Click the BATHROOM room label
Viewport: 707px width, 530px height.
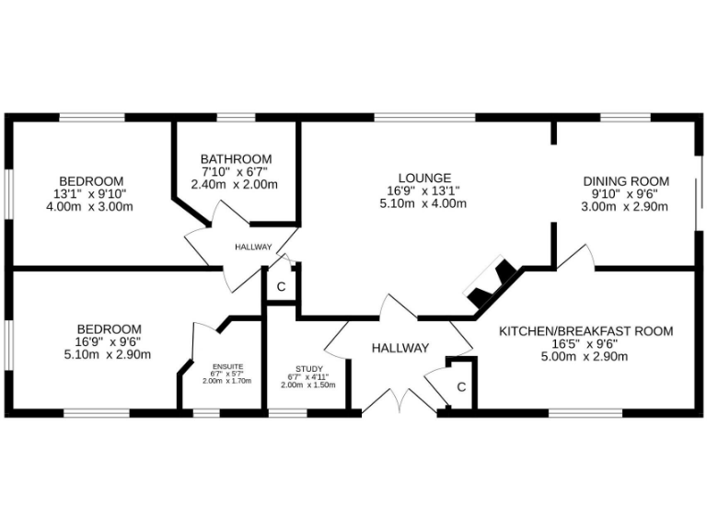point(236,158)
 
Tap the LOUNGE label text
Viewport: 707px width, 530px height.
point(423,178)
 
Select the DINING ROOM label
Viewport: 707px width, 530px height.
point(625,181)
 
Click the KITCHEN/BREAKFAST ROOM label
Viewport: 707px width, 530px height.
point(585,331)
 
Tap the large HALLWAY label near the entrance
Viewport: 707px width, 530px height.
point(400,348)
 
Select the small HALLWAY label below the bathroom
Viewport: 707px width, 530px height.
point(253,247)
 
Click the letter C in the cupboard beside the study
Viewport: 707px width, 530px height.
point(282,286)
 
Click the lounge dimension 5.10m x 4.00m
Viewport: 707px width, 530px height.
point(423,203)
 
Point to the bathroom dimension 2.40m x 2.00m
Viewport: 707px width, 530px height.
point(235,184)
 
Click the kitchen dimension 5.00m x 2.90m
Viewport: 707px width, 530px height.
point(585,357)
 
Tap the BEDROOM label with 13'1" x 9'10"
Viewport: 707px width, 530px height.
point(91,180)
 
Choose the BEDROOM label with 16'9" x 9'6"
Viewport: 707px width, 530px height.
point(109,328)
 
